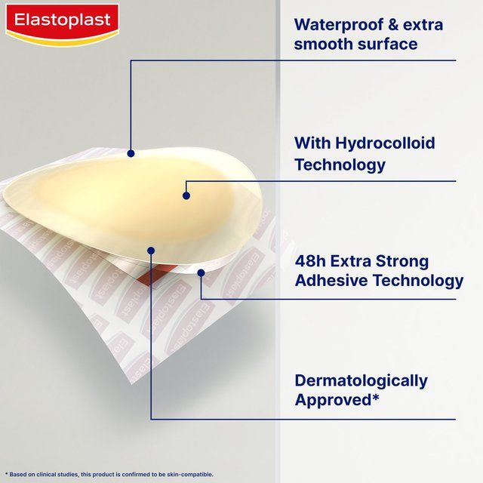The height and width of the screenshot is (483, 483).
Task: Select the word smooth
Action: (324, 45)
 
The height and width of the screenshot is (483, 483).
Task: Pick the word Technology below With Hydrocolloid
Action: (340, 165)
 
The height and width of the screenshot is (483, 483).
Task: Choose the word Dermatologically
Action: (361, 380)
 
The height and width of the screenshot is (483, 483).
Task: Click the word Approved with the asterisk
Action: (337, 400)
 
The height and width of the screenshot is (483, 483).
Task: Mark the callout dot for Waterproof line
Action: (131, 153)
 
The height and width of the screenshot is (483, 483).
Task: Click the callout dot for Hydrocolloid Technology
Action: (186, 195)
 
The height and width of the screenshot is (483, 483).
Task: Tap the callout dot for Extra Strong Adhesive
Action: (201, 272)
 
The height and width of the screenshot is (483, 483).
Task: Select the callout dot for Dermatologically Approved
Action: (151, 251)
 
